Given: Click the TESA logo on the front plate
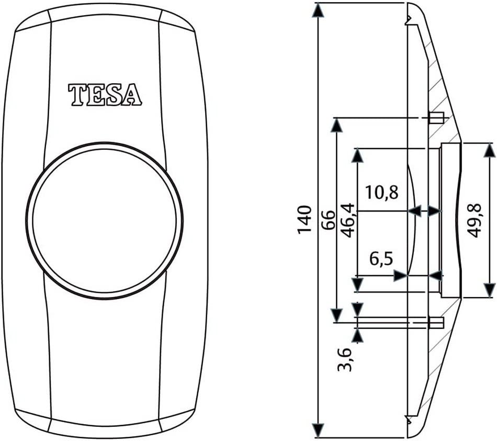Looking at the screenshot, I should [x=105, y=95].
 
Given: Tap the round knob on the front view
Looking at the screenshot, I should [x=105, y=220].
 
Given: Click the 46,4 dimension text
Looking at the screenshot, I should [x=347, y=220].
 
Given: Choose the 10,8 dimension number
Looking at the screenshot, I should [x=382, y=192].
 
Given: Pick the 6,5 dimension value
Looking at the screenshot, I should [x=382, y=259].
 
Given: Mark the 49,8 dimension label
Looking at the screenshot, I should [x=474, y=220].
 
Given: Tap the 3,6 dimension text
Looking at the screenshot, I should [x=344, y=359].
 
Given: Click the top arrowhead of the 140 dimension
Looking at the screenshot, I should [x=318, y=10].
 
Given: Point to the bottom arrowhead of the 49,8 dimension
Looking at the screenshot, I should [x=489, y=290].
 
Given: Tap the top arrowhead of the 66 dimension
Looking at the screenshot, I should [x=337, y=125].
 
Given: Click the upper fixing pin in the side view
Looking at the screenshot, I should [x=436, y=117].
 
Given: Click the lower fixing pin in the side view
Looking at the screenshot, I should [x=436, y=322].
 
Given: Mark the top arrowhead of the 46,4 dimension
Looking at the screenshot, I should [x=357, y=156].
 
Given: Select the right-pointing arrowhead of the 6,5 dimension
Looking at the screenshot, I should [x=402, y=275].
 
